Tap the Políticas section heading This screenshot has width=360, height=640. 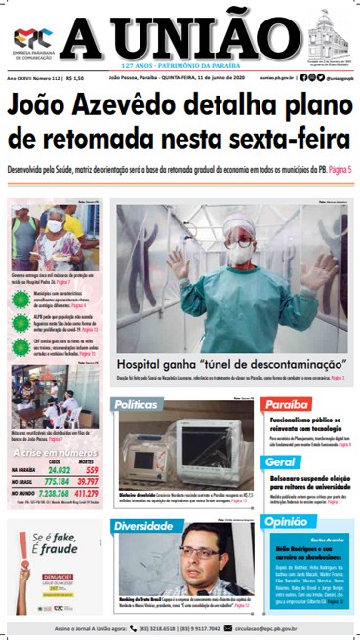click(137, 404)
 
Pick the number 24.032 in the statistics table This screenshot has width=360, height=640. click(59, 469)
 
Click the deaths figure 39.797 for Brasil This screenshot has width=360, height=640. click(88, 481)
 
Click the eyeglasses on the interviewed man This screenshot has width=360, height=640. click(201, 552)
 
